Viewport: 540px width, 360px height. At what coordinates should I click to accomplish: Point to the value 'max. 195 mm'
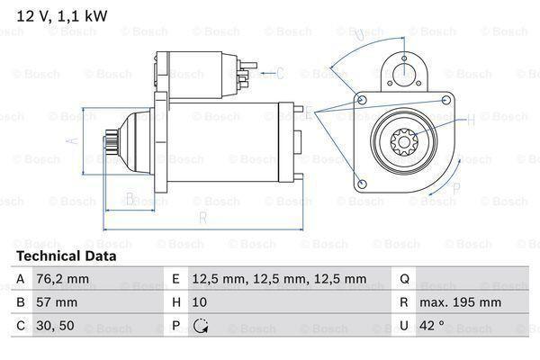click(463, 303)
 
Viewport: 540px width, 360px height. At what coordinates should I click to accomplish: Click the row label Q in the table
click(404, 279)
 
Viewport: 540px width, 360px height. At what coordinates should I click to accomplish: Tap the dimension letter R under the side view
click(203, 217)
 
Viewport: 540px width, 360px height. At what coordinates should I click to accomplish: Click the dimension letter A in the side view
click(75, 139)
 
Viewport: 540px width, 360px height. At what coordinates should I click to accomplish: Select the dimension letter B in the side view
click(130, 198)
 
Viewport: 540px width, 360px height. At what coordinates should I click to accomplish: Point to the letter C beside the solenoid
click(279, 73)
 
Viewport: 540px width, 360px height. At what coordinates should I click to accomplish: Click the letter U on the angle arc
click(358, 35)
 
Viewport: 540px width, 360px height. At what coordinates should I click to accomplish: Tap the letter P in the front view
click(456, 188)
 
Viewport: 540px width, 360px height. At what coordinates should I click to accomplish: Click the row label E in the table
click(174, 279)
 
